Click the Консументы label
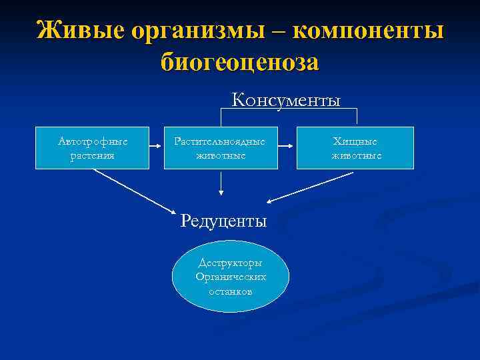pyautogui.click(x=286, y=101)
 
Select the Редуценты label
pyautogui.click(x=223, y=221)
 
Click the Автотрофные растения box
pyautogui.click(x=93, y=148)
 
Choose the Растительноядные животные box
pyautogui.click(x=220, y=148)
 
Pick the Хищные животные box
pyautogui.click(x=356, y=148)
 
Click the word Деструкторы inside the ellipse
pyautogui.click(x=231, y=263)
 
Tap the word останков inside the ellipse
pyautogui.click(x=231, y=291)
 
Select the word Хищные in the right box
pyautogui.click(x=356, y=141)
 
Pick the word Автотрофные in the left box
pyautogui.click(x=93, y=141)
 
